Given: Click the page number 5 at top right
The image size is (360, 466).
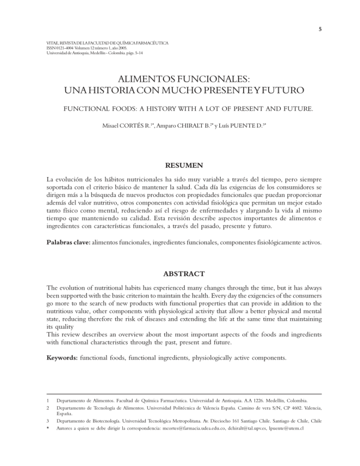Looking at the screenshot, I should click(x=320, y=30).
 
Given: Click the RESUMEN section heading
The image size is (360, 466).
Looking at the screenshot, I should click(x=184, y=165).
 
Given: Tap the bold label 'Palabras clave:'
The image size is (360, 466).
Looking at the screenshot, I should click(x=69, y=243).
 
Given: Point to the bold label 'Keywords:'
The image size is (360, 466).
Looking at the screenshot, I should click(x=62, y=358).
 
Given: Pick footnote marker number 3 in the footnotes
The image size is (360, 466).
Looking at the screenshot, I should click(x=48, y=421).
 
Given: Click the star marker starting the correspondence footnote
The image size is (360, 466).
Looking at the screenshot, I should click(x=48, y=428).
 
